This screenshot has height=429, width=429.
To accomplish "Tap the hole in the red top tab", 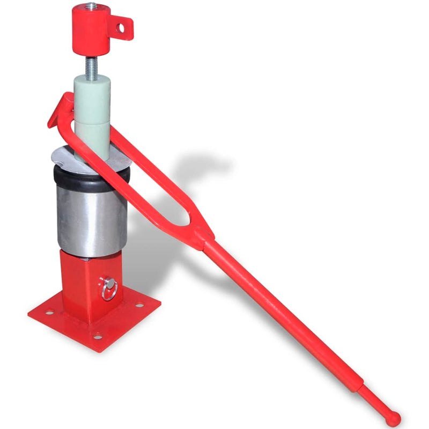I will click(x=123, y=24).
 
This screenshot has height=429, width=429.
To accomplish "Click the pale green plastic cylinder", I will click(x=92, y=113).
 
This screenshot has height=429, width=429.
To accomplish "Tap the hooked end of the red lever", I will click(x=60, y=107).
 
